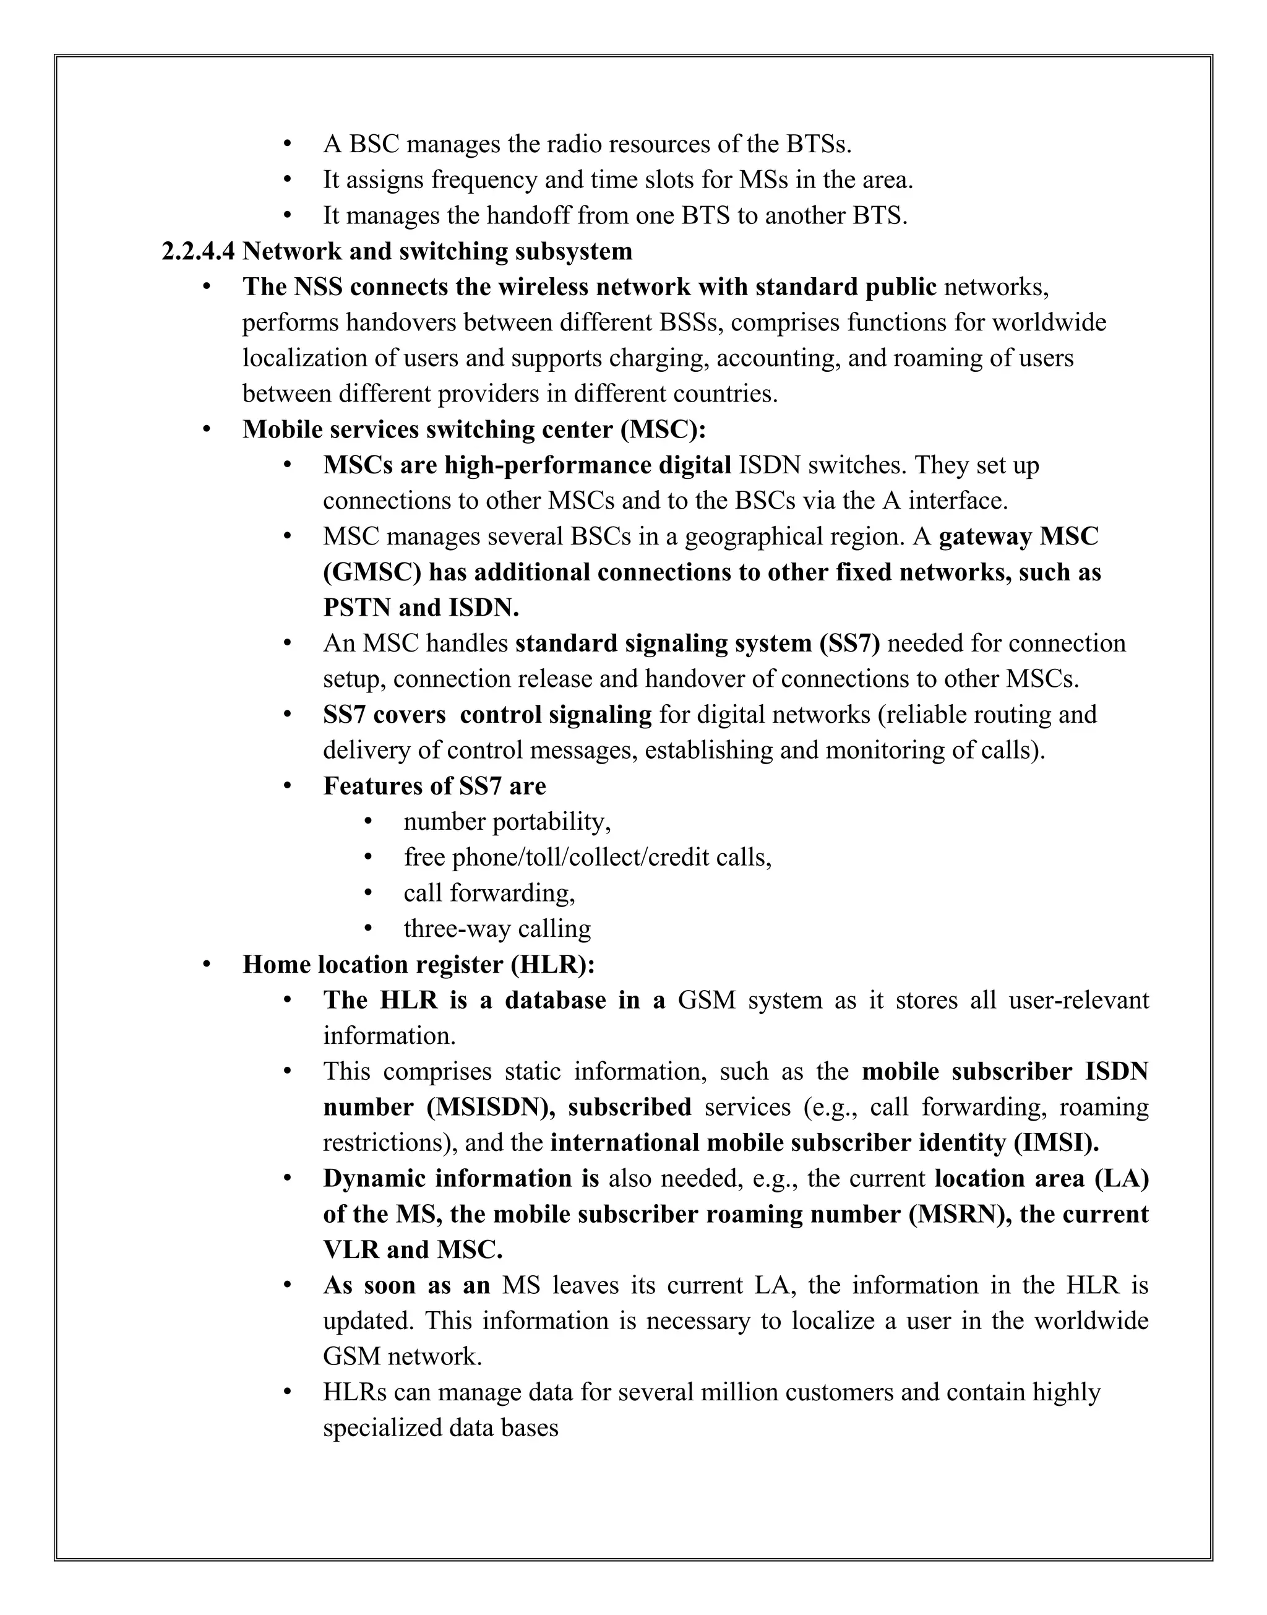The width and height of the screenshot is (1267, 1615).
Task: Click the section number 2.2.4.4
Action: [198, 251]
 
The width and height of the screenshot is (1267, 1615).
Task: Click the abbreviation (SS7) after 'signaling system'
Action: [850, 643]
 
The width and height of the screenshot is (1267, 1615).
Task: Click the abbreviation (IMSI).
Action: [1055, 1142]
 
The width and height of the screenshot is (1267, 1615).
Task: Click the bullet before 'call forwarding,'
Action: [368, 893]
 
